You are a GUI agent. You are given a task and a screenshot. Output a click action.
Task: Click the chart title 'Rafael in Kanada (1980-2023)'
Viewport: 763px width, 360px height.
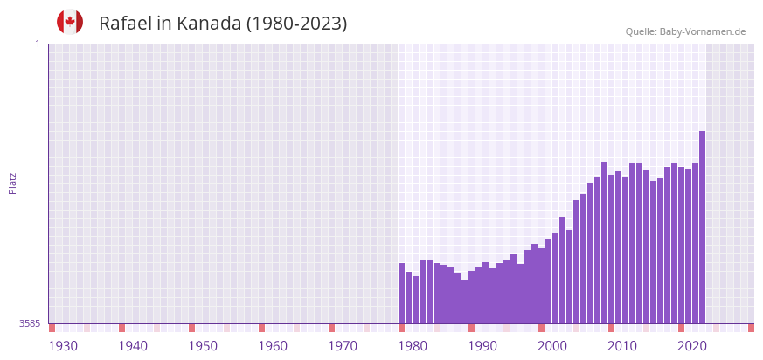[223, 24]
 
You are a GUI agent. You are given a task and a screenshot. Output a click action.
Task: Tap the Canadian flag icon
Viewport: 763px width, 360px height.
[70, 22]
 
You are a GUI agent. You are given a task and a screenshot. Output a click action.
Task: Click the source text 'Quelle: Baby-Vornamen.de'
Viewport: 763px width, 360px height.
[685, 31]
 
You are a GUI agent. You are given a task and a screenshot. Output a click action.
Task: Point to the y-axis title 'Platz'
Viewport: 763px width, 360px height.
[12, 183]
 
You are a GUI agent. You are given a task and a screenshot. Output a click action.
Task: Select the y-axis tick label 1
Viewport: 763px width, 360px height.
[37, 44]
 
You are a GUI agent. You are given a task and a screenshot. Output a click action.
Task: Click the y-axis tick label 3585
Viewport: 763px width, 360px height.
[30, 323]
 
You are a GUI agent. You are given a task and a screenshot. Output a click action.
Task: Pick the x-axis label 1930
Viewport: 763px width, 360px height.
[63, 346]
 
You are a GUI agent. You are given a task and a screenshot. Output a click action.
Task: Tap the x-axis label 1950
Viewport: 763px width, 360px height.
[203, 346]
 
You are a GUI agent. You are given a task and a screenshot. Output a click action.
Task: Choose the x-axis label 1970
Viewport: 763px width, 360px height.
[343, 346]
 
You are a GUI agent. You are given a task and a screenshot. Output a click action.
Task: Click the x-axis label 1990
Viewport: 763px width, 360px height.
[482, 346]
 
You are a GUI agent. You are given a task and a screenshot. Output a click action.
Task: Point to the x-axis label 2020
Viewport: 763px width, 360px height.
[692, 346]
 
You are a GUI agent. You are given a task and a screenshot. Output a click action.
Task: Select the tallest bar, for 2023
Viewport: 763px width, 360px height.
[702, 227]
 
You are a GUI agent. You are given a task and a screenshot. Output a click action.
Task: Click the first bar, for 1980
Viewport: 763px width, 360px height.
[402, 294]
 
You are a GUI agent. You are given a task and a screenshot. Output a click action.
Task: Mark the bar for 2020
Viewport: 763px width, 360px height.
[681, 245]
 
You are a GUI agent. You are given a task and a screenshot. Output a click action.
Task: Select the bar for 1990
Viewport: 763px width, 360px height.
[472, 297]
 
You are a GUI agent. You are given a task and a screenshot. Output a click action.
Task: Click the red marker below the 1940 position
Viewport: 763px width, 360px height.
[122, 328]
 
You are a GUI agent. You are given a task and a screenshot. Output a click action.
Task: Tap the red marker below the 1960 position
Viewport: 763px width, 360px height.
[261, 328]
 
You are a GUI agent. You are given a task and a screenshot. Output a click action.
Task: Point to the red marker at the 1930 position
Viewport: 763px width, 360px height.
[52, 328]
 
